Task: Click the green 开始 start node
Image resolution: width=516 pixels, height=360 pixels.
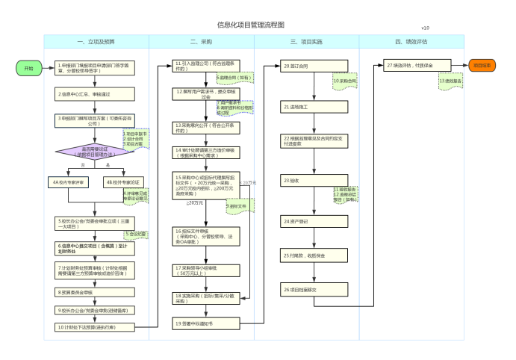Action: [x=29, y=68]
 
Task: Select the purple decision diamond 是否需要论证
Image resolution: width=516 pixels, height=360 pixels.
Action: [x=95, y=152]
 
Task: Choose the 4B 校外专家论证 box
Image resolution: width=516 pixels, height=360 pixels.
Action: [x=123, y=181]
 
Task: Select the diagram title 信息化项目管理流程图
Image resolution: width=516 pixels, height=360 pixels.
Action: [x=250, y=25]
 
